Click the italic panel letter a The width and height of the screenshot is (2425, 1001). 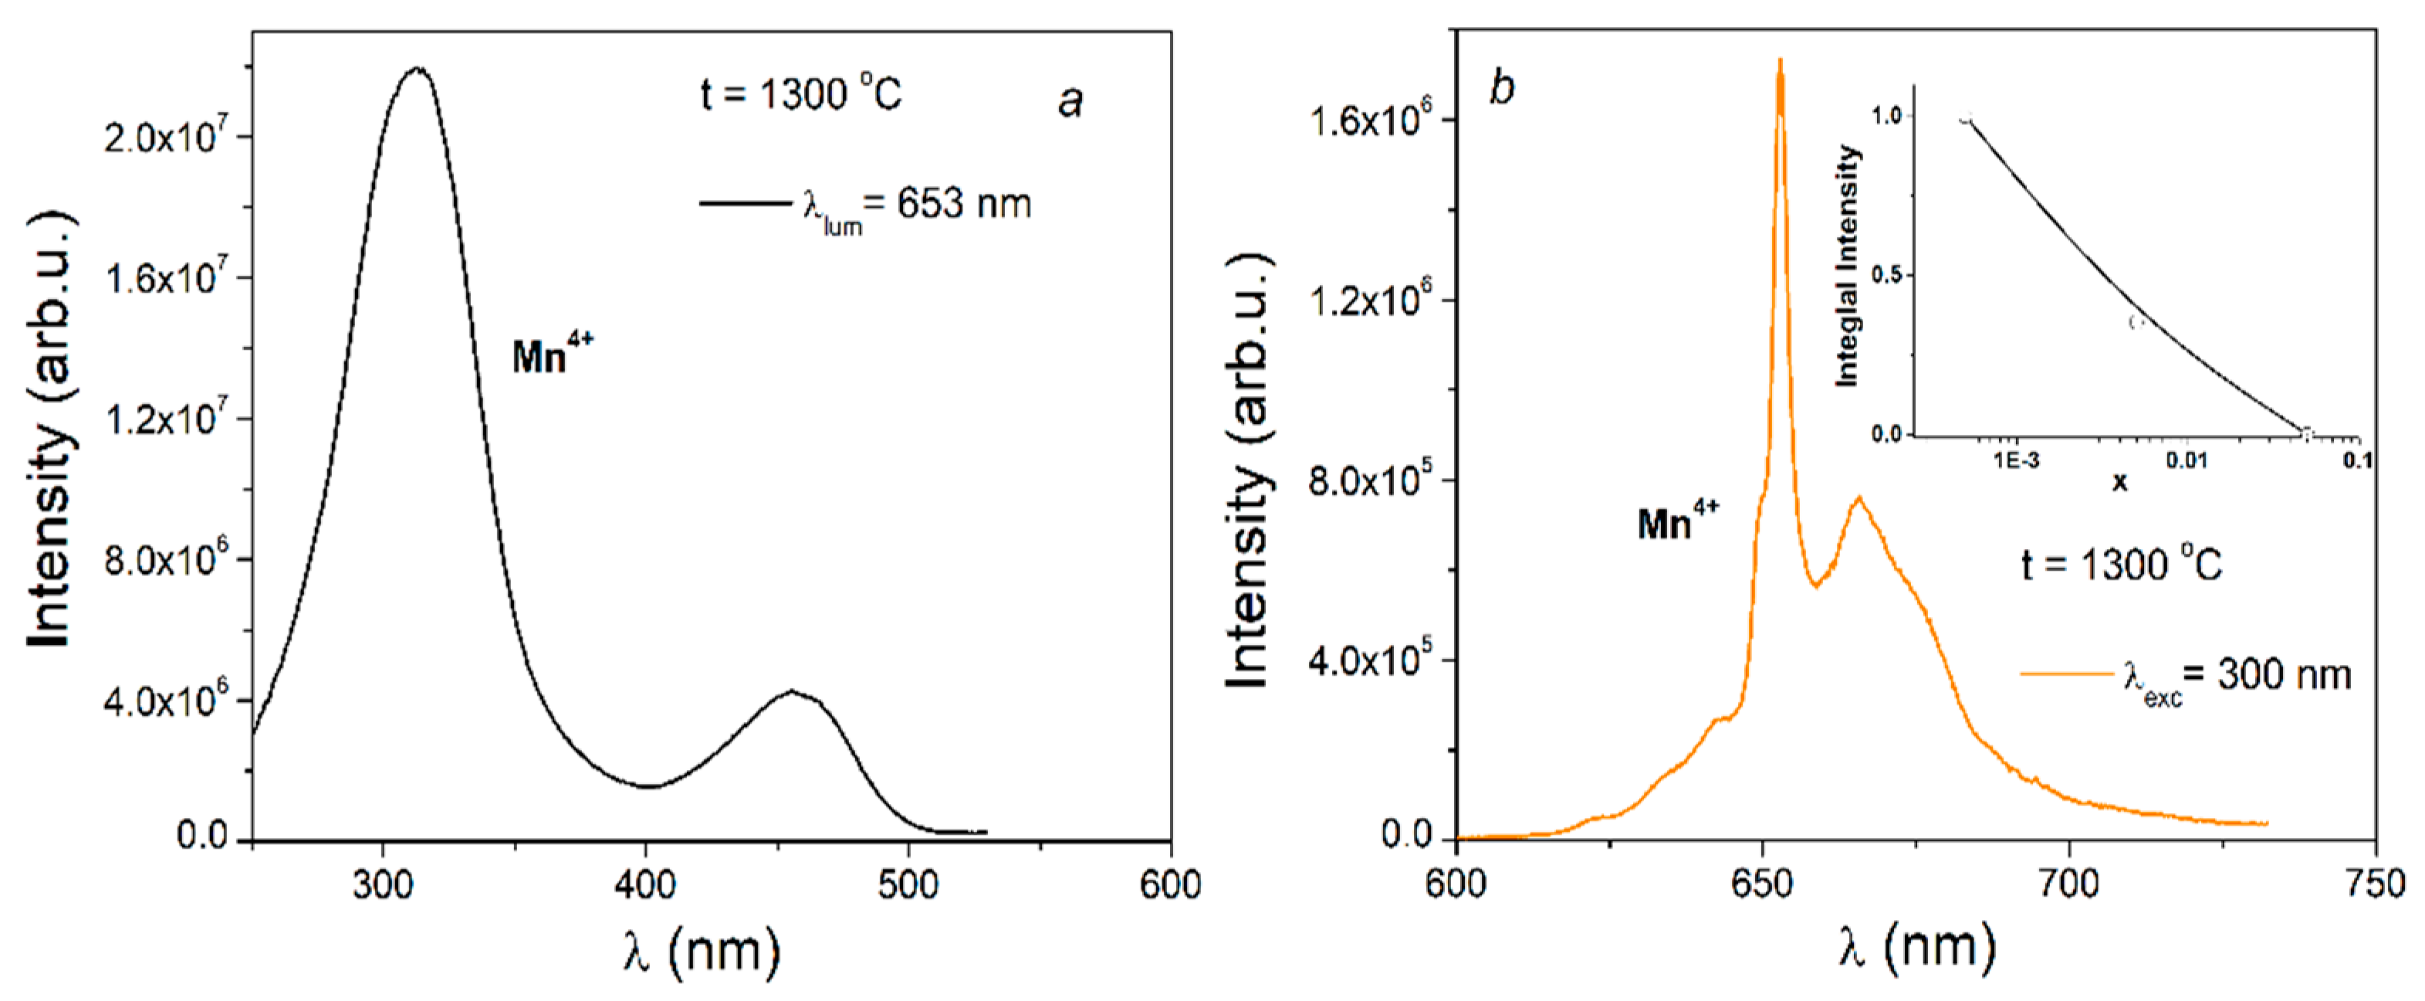tap(1070, 100)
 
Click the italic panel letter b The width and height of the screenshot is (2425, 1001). tap(1500, 89)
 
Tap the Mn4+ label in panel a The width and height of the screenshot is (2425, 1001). tap(552, 356)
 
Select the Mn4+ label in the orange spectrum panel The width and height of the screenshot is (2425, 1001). tap(1678, 521)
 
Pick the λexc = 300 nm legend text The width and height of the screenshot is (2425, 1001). tap(2237, 676)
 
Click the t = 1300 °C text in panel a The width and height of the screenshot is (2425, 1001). tap(800, 94)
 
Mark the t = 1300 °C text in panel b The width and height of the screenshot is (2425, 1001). tap(2122, 565)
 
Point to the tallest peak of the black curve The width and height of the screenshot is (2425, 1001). tap(417, 68)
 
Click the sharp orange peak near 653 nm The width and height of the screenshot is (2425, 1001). tap(1780, 62)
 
